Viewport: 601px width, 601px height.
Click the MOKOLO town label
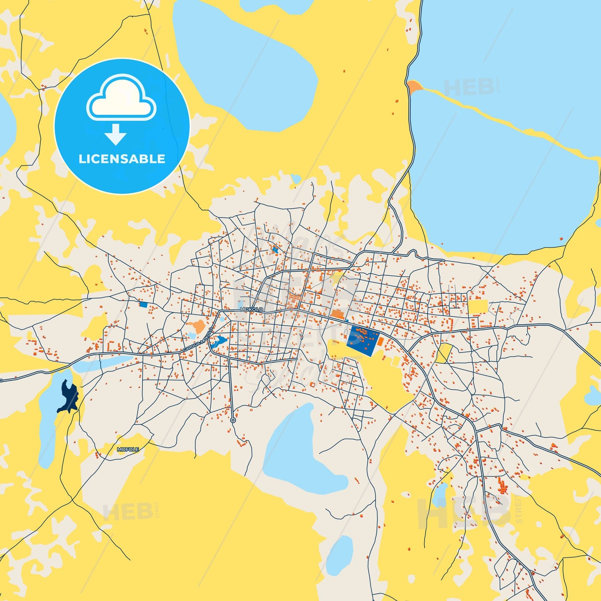click(x=251, y=309)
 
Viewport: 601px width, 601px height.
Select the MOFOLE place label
click(x=128, y=449)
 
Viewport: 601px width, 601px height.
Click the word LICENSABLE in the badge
click(x=122, y=159)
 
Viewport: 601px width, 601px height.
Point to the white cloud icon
click(x=121, y=99)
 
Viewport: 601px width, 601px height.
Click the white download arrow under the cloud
click(x=116, y=134)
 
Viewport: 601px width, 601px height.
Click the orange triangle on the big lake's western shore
click(x=414, y=87)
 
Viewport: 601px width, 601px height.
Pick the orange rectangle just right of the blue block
click(x=381, y=341)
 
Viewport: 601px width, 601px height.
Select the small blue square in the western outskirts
click(x=143, y=304)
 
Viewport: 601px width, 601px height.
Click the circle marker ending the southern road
click(x=233, y=420)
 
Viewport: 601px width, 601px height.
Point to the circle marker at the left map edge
click(x=1, y=380)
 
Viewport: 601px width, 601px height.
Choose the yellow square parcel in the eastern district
click(x=477, y=307)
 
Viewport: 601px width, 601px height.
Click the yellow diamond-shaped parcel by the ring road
click(x=444, y=353)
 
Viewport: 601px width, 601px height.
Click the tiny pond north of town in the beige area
click(x=295, y=179)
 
